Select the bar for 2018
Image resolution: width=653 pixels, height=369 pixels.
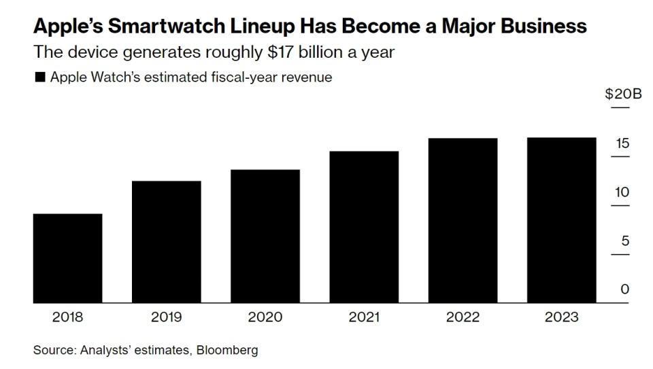tap(67, 258)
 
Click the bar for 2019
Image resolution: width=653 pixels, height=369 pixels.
tap(166, 242)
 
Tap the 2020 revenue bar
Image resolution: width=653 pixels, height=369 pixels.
tap(265, 236)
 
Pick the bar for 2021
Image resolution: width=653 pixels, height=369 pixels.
tap(364, 227)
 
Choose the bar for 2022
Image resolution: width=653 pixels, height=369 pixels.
tap(463, 220)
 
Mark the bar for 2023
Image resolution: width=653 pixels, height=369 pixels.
tap(562, 220)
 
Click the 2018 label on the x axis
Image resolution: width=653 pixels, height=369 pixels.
tap(67, 317)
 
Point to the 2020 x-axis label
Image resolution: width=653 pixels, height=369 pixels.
tap(265, 317)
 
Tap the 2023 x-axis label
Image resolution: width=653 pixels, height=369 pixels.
tap(562, 317)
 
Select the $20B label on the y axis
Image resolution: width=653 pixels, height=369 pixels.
tap(623, 94)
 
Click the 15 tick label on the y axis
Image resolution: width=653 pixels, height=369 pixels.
tap(622, 143)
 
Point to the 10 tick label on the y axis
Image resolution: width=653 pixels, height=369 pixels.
tap(622, 192)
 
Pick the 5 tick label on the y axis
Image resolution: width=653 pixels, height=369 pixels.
tap(625, 241)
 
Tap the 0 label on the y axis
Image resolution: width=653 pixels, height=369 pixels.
tap(625, 289)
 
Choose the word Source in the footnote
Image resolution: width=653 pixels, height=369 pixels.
tap(52, 351)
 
